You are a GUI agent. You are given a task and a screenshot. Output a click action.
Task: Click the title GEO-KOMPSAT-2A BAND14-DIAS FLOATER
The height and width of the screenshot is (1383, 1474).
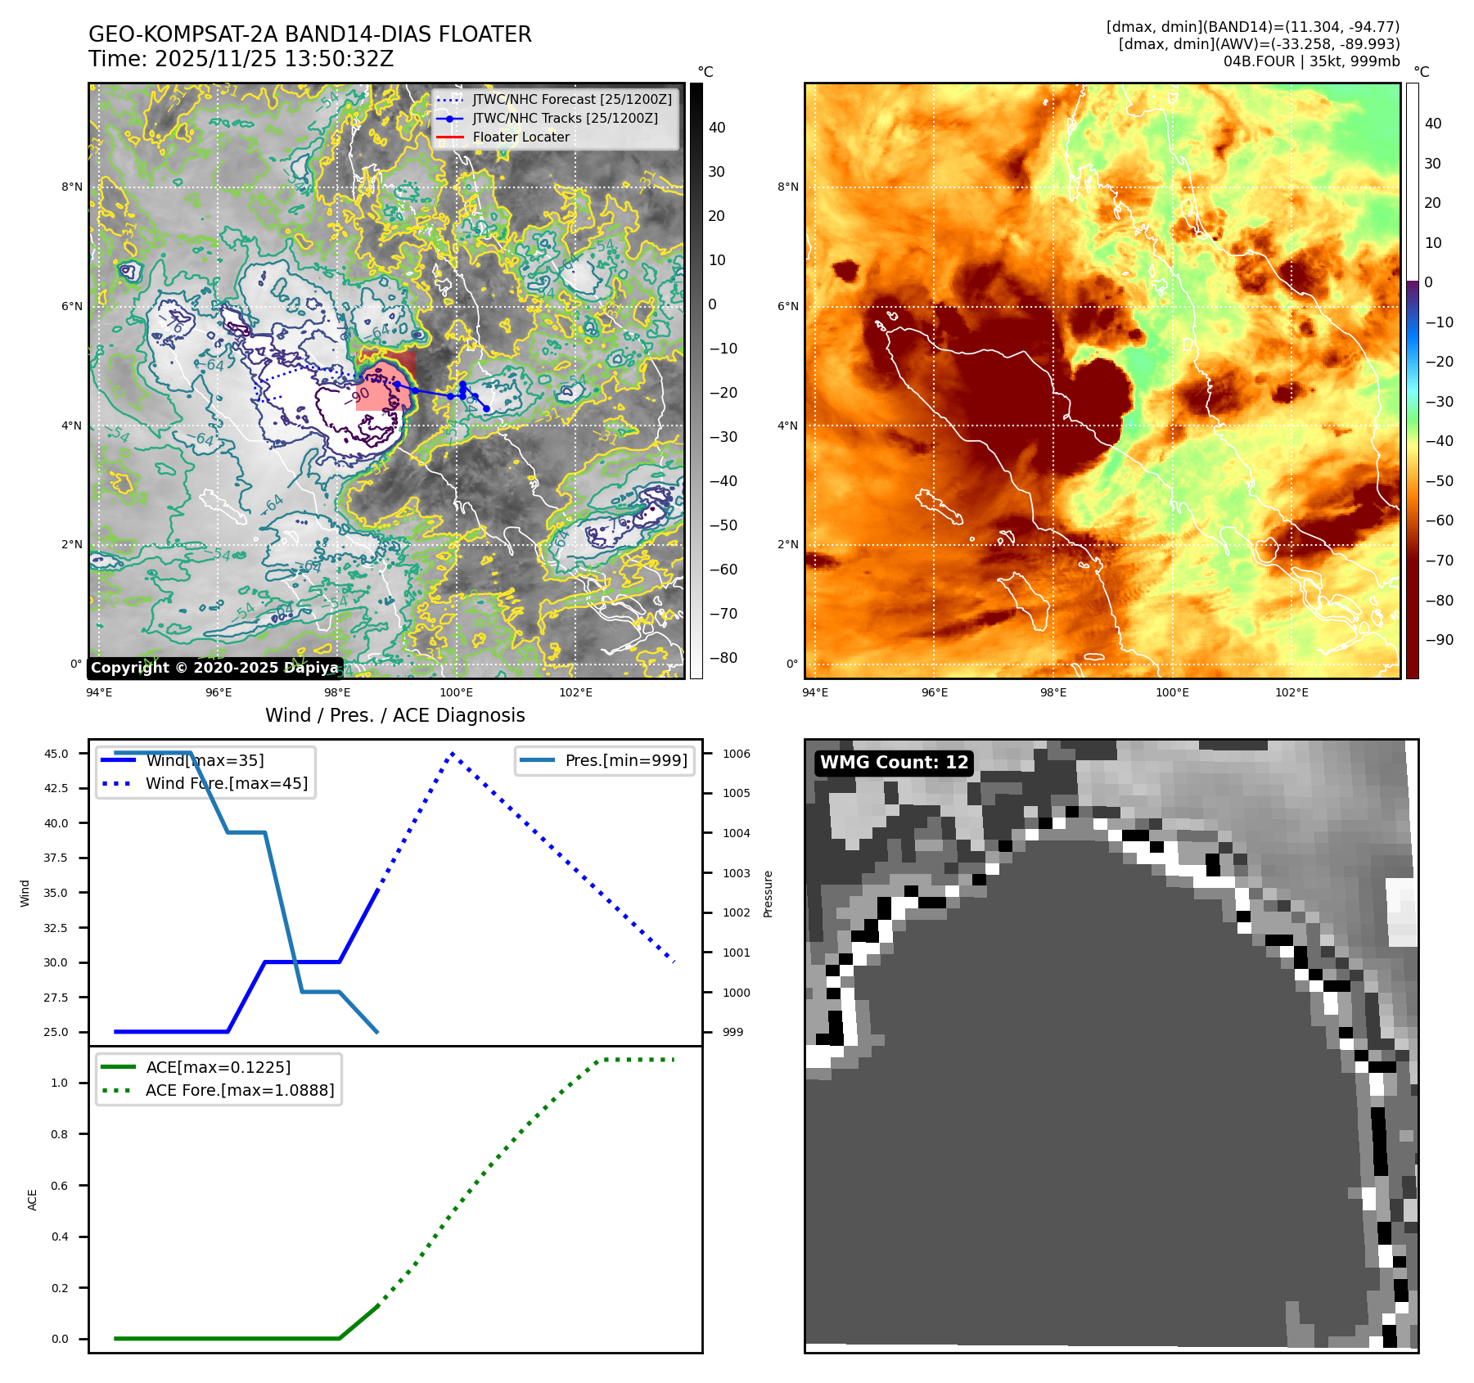click(310, 34)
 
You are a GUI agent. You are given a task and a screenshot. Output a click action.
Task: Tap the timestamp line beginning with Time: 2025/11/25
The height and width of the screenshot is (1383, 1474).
click(241, 59)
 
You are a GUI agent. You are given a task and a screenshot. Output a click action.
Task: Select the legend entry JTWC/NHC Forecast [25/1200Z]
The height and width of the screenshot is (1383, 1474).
click(571, 99)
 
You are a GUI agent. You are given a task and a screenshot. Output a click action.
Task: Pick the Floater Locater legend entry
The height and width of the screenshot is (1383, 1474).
click(521, 137)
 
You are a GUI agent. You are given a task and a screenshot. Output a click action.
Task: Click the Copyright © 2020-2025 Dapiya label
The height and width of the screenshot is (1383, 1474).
click(214, 668)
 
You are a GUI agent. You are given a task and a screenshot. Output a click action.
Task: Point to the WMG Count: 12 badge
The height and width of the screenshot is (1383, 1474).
click(894, 763)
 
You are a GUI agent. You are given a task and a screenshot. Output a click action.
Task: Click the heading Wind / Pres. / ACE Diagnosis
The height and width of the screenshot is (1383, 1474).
click(395, 715)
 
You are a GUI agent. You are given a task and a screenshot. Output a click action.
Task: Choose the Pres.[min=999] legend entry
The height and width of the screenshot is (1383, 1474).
click(626, 760)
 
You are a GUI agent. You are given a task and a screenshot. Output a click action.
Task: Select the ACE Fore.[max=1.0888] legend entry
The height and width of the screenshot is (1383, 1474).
click(240, 1090)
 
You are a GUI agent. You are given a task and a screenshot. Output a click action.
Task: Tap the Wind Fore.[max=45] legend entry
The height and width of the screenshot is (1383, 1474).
click(227, 783)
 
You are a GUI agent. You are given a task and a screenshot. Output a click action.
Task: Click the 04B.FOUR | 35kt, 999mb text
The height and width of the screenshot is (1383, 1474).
click(1311, 61)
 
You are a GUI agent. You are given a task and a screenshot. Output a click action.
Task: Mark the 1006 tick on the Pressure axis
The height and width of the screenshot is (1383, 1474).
click(736, 754)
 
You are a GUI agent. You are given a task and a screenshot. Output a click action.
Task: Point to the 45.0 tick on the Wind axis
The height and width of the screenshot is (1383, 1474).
click(56, 754)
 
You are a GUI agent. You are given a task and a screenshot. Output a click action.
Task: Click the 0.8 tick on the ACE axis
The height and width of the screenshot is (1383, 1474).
click(60, 1134)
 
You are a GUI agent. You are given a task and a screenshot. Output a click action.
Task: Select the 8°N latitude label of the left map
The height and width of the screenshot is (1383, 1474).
click(72, 187)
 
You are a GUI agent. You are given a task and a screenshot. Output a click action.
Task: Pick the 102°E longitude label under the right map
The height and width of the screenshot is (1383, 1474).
click(1291, 692)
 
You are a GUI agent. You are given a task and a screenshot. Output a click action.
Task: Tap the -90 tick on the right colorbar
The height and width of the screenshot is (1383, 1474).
click(1439, 640)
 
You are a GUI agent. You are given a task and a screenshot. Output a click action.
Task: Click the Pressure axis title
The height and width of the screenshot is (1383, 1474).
click(768, 894)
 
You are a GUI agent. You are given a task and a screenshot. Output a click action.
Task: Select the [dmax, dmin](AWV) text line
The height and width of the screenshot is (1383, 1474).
click(1259, 44)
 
